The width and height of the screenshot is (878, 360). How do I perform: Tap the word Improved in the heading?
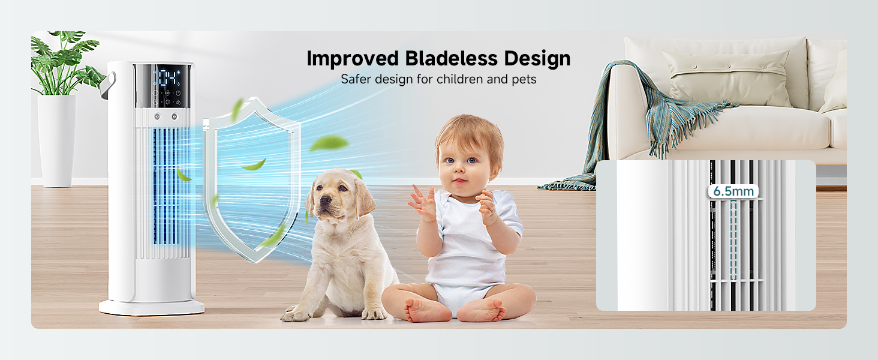(353, 59)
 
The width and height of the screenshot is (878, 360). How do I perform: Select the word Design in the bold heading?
(537, 59)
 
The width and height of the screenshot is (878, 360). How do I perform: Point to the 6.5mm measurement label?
(733, 191)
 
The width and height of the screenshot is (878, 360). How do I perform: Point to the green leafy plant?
(63, 63)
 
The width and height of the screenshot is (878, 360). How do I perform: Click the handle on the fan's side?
(109, 83)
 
